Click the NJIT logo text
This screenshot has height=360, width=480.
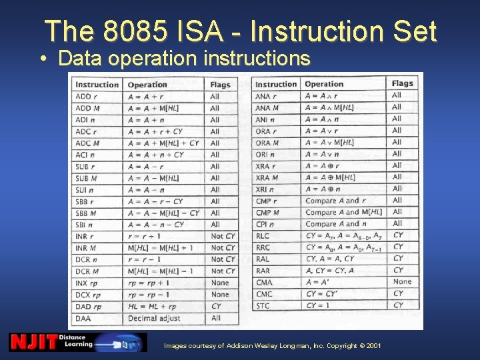(x=33, y=342)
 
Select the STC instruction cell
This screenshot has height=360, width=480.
(x=263, y=305)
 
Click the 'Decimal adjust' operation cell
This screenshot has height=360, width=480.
(x=153, y=318)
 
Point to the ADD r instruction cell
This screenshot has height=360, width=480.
(x=85, y=97)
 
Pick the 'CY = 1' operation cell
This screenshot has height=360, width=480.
(x=319, y=305)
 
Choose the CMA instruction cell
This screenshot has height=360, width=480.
(x=264, y=282)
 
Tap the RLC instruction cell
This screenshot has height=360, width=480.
(x=263, y=235)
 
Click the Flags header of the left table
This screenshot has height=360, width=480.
(x=219, y=85)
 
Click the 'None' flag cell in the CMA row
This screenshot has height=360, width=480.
(x=402, y=281)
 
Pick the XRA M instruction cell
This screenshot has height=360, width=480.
(x=267, y=177)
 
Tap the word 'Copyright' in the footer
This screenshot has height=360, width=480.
(x=340, y=346)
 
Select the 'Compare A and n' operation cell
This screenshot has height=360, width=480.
(x=336, y=224)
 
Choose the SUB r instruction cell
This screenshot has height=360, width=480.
(x=85, y=167)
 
